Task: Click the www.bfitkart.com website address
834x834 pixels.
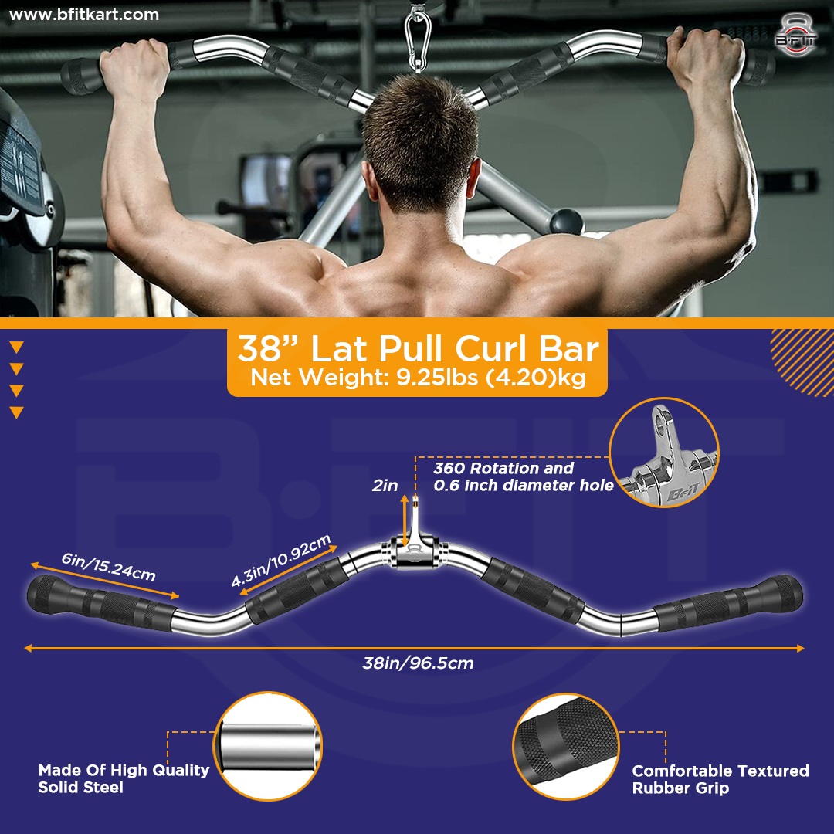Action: (x=85, y=15)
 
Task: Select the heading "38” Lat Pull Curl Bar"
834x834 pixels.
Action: (x=418, y=349)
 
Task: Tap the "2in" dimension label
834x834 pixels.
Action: (x=384, y=486)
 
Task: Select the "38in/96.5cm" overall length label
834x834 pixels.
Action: (x=418, y=663)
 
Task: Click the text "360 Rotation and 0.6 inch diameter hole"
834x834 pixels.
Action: (x=523, y=476)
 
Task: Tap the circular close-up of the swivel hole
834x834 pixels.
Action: (x=664, y=453)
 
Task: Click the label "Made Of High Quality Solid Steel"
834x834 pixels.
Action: (x=124, y=778)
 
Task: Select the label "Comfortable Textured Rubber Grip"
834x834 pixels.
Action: (x=720, y=778)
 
